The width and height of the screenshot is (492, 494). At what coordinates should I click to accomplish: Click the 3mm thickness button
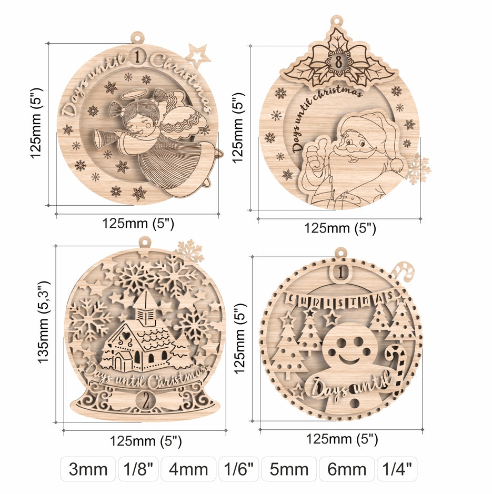click(x=88, y=469)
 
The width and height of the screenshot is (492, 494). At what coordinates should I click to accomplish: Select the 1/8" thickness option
click(x=138, y=469)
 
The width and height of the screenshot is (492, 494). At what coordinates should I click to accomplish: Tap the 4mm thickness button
click(x=188, y=469)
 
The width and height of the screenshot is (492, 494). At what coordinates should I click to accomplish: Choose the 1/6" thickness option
click(x=238, y=469)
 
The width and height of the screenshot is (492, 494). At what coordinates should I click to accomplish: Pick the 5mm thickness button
click(x=289, y=469)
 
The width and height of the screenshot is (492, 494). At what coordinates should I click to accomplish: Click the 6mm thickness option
click(x=347, y=469)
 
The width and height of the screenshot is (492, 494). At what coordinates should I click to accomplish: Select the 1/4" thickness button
click(x=397, y=469)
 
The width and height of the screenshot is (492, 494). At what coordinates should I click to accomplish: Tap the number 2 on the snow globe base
click(x=146, y=401)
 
